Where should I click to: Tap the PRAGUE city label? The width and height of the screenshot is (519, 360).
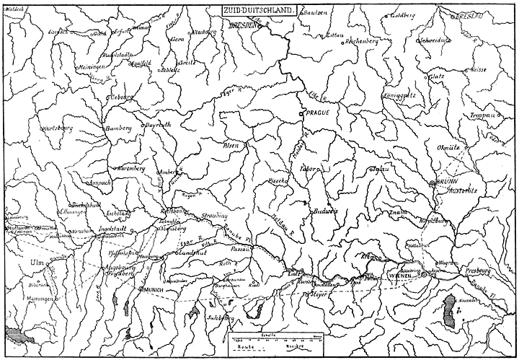(x=316, y=114)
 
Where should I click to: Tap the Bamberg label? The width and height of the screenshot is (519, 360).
(x=118, y=128)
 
